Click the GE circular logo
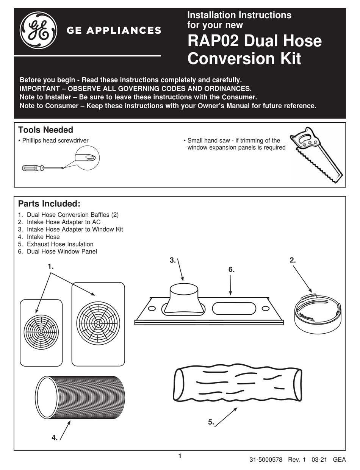39,30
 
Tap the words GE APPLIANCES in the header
114,30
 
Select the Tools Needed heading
45,130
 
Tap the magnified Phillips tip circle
87,156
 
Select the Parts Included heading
49,204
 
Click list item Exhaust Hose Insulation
60,244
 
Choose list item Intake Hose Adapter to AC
63,222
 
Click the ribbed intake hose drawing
80,397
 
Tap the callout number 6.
231,270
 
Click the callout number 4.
55,438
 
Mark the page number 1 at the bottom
180,456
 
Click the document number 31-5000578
266,460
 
